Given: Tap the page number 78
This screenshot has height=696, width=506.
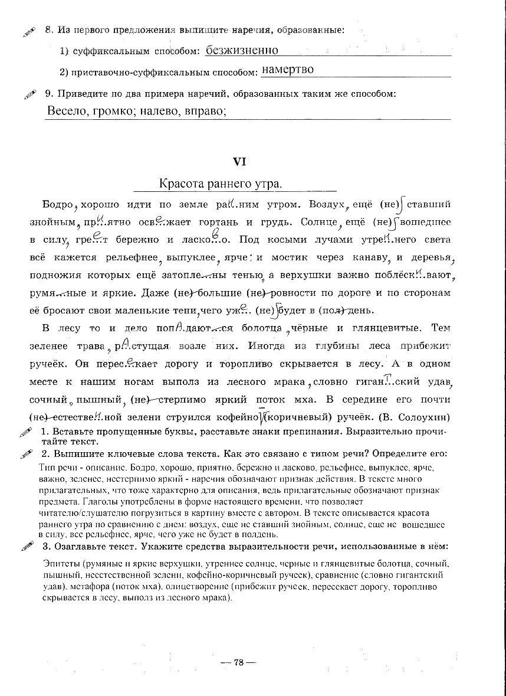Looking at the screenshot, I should (238, 662).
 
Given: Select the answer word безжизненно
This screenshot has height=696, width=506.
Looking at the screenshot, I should (242, 51).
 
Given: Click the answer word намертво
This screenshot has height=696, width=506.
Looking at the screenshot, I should (287, 70).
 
